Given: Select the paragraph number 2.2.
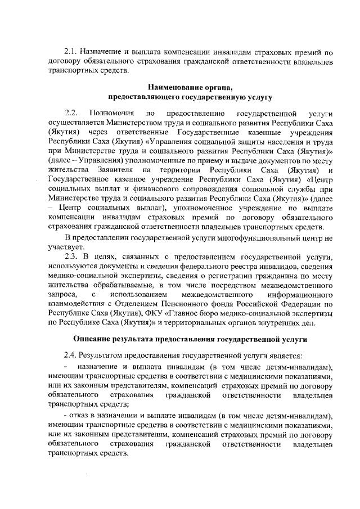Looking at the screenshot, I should coord(71,114).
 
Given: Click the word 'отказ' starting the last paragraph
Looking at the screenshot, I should coord(80,416).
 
